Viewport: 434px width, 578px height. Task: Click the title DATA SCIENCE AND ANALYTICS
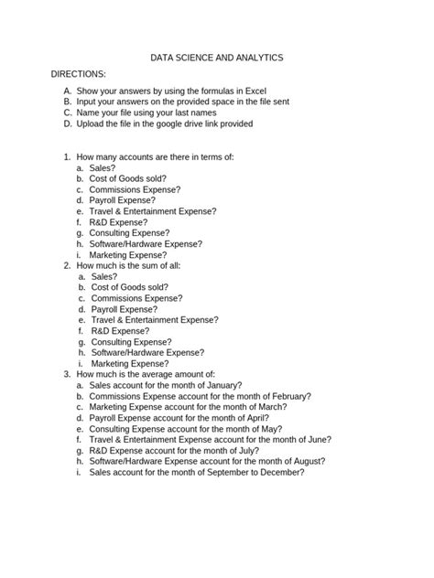(216, 57)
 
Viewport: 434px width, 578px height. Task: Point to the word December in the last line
(279, 472)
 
